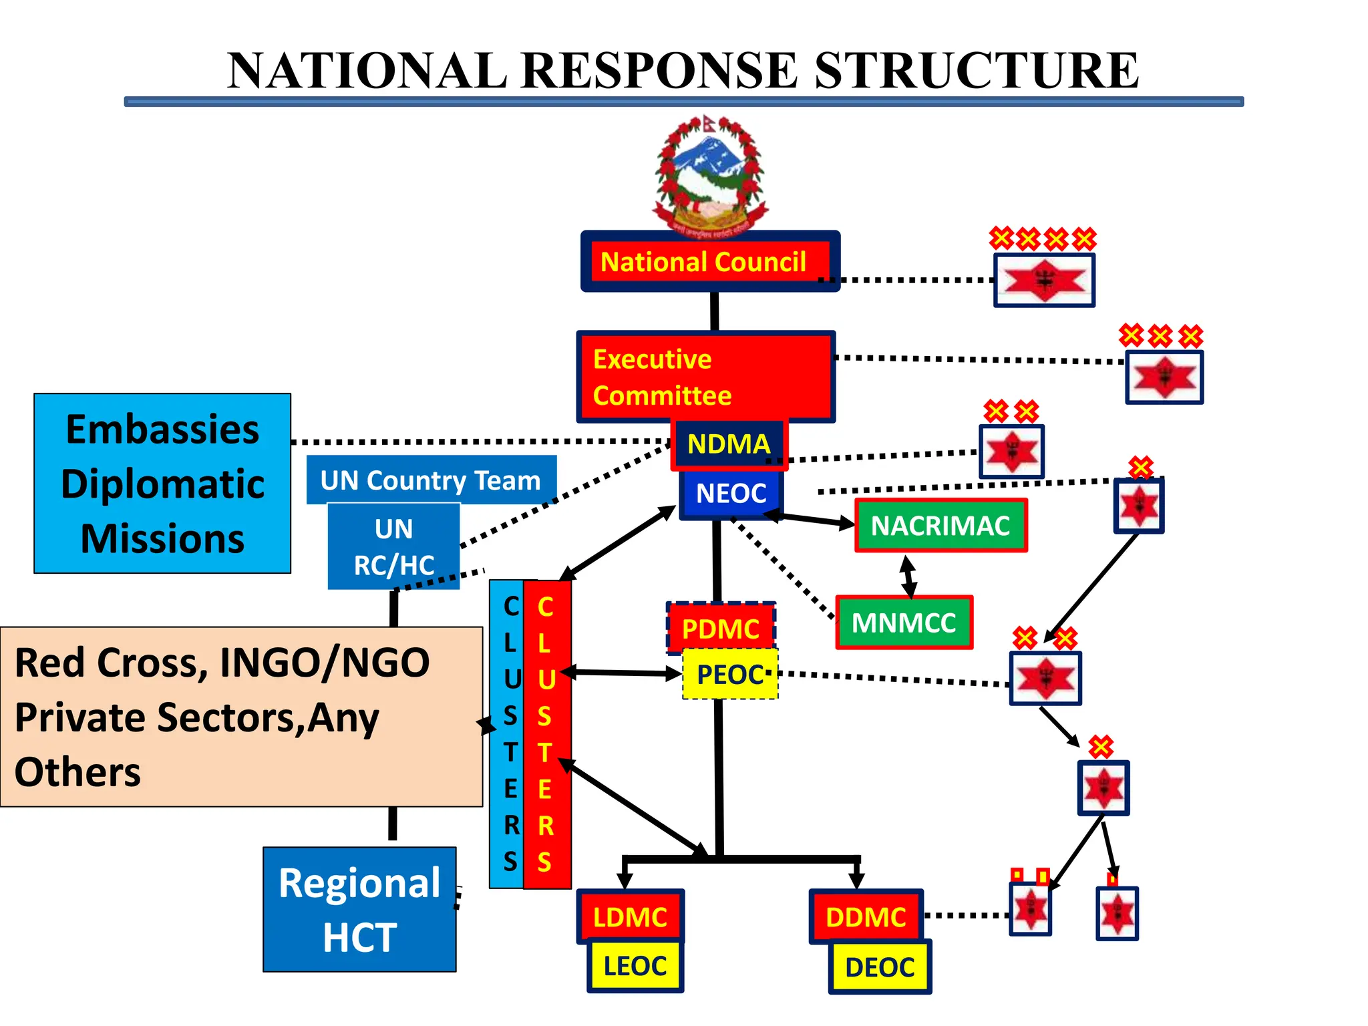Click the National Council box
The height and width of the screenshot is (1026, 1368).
point(710,262)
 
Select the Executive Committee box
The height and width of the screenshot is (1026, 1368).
point(705,377)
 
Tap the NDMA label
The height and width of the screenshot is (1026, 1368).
point(729,444)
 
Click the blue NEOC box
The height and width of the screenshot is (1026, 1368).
point(731,494)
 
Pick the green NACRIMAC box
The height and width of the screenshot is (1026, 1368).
point(940,526)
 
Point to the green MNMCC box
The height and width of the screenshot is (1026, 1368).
point(904,623)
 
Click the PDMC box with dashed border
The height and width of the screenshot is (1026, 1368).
point(721,628)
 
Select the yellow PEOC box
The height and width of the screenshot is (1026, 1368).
point(730,675)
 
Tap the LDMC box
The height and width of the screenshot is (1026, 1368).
point(630,916)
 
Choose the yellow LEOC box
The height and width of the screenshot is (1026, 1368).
point(635,966)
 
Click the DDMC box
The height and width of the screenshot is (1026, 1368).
point(866,916)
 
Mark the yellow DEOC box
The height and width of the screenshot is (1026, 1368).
point(879,967)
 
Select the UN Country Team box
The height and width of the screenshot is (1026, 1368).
point(431,480)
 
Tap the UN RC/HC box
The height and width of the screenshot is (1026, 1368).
point(393,546)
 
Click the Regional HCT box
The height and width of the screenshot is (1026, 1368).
point(359,910)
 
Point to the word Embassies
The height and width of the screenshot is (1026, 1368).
point(162,429)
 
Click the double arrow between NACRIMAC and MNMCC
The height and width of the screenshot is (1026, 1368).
point(907,576)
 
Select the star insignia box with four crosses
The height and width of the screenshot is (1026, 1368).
point(1044,281)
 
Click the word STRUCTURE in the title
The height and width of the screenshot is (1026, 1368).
point(976,71)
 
